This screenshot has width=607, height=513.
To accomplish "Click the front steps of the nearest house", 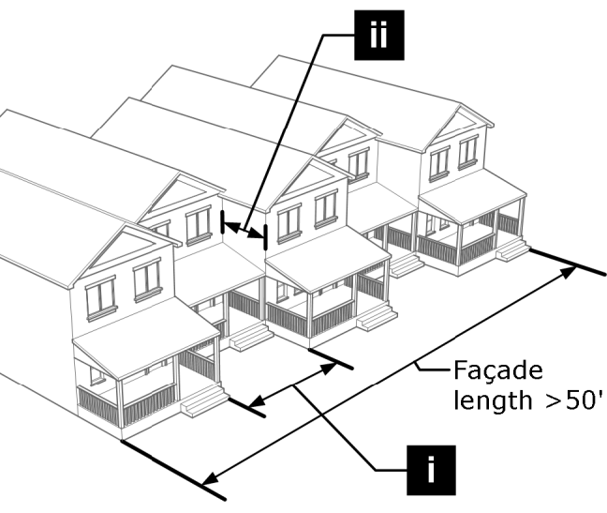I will coord(204,401).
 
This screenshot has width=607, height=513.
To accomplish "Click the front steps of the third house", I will coord(377,317).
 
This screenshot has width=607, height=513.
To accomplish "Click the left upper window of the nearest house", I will coord(99,297).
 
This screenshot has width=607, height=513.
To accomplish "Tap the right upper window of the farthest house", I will coord(468,151).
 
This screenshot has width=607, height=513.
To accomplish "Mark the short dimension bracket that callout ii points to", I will coord(244,230).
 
